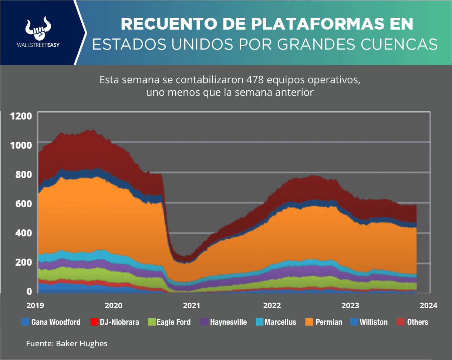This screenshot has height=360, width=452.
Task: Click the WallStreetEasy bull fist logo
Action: [38, 29]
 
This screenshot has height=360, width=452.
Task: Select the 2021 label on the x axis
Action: [192, 306]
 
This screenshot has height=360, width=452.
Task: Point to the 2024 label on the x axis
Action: [429, 306]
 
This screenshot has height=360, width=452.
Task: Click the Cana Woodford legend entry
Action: [51, 322]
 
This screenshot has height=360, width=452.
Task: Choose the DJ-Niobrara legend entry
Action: [115, 322]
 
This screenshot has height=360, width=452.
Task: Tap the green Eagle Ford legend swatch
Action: [151, 322]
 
